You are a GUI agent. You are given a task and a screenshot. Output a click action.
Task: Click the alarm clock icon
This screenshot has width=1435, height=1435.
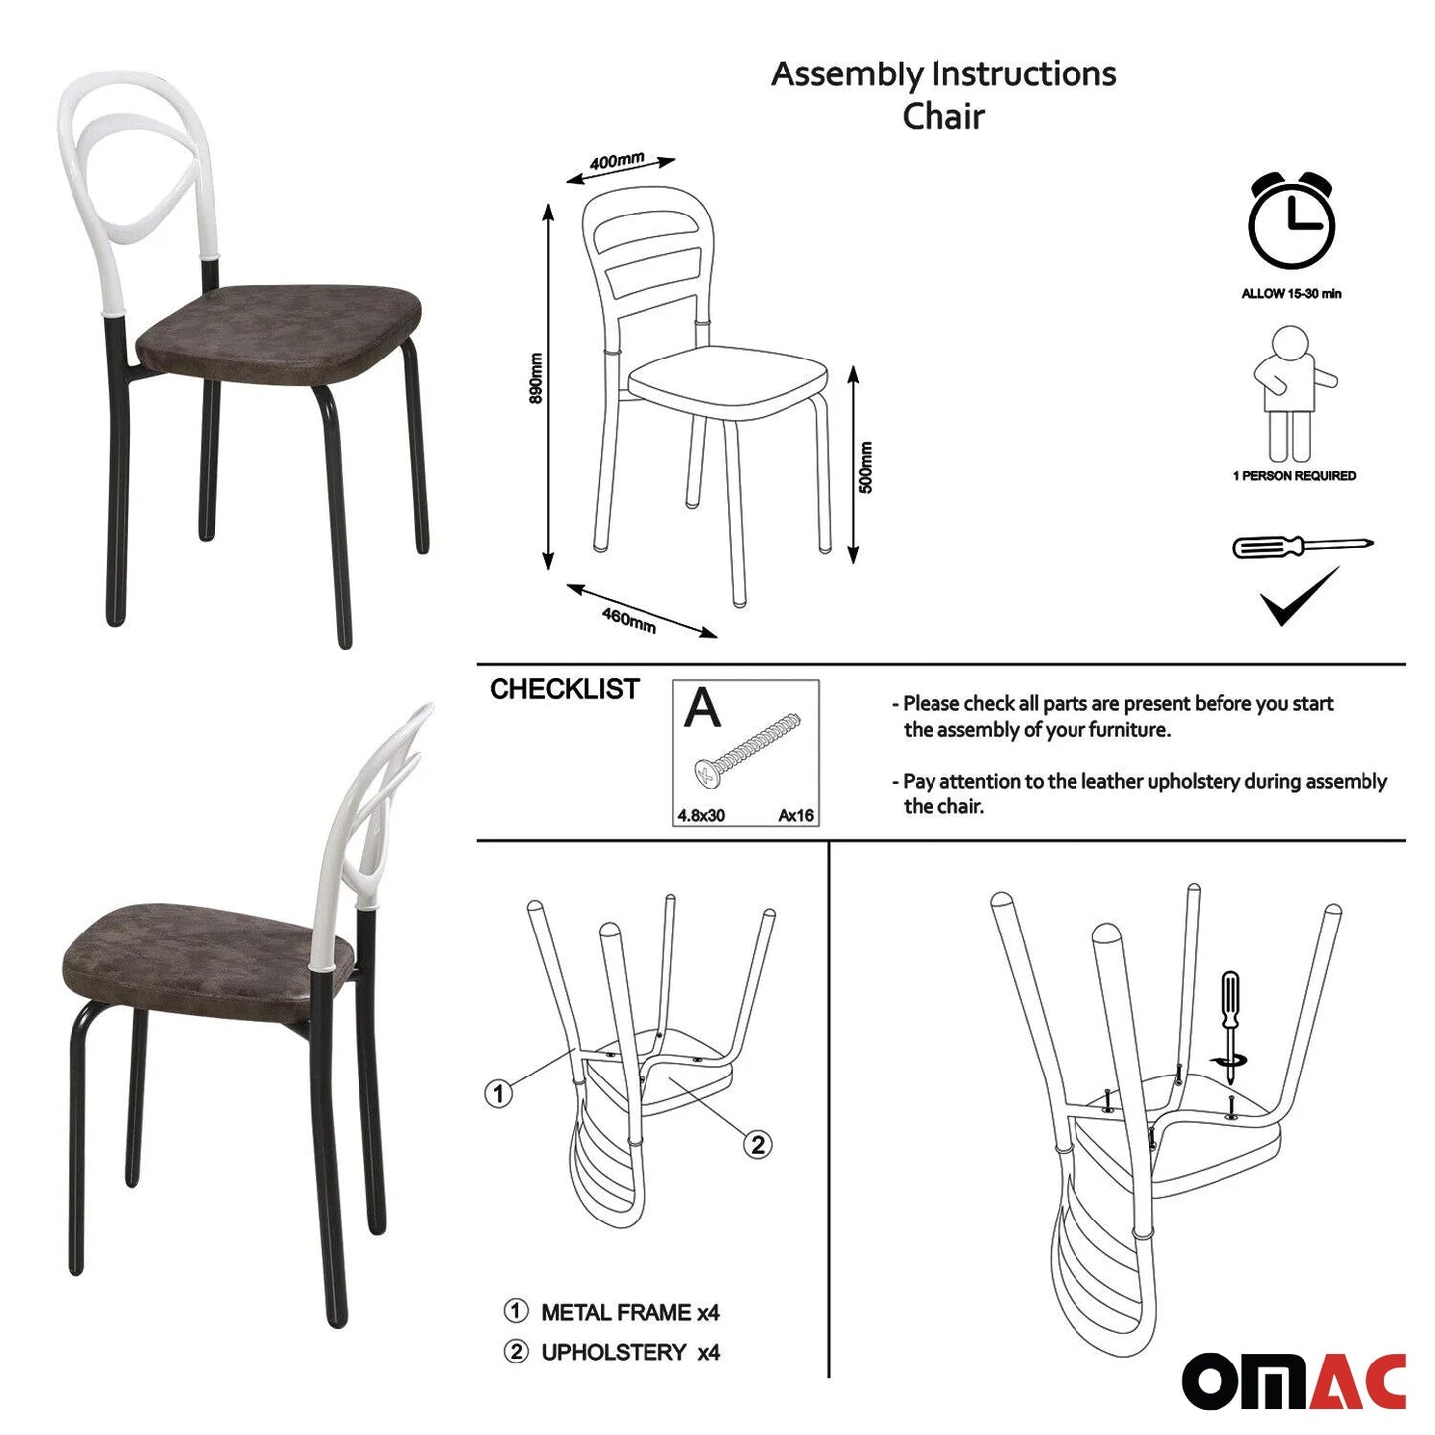point(1291,220)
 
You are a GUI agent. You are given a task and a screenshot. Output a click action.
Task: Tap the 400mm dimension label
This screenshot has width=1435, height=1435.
point(617,161)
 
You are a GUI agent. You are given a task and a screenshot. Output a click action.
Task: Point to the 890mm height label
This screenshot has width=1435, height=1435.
point(535,377)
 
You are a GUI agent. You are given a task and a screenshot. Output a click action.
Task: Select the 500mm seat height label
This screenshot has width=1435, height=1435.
point(865,467)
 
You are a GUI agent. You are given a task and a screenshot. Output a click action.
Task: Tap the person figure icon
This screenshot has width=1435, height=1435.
point(1294,394)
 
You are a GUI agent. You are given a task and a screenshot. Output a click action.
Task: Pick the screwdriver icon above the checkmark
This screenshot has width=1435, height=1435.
point(1303,546)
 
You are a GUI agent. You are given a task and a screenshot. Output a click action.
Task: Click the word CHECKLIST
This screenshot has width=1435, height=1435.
point(564,689)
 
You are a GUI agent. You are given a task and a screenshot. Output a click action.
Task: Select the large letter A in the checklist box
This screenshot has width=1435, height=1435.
point(702,707)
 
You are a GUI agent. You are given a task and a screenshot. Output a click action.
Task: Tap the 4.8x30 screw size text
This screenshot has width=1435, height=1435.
point(701,815)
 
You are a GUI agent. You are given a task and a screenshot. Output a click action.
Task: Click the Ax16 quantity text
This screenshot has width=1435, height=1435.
point(795,815)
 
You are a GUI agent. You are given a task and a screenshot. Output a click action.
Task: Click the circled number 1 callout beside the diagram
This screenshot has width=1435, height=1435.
point(499,1094)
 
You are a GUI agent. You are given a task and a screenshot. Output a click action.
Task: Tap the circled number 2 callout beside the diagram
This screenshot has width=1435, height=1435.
point(758,1144)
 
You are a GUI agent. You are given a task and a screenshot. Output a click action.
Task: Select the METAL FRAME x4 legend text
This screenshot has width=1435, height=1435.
point(630,1312)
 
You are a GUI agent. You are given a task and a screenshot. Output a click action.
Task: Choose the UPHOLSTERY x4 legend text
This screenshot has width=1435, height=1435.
point(630,1351)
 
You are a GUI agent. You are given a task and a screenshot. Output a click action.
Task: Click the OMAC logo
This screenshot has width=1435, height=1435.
point(1294,1380)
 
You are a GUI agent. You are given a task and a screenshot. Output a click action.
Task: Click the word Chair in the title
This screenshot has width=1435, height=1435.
point(942,117)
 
